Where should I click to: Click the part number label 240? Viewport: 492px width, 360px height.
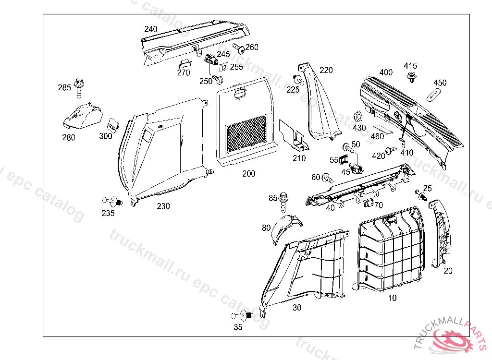pos(150,29)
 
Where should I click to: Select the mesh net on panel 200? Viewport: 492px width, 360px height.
pos(246,133)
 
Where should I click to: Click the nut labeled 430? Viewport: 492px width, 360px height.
pos(358,117)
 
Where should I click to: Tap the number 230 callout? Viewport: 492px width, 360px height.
pos(163,206)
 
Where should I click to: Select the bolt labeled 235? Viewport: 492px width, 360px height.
pos(112,201)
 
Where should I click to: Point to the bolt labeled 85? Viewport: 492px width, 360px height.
pos(283,202)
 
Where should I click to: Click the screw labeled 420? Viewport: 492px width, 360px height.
pos(391,151)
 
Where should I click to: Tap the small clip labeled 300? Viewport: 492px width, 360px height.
pos(112,124)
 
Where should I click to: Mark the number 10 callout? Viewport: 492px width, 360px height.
pos(393,298)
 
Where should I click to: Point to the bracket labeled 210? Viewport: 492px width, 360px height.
pos(293,136)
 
